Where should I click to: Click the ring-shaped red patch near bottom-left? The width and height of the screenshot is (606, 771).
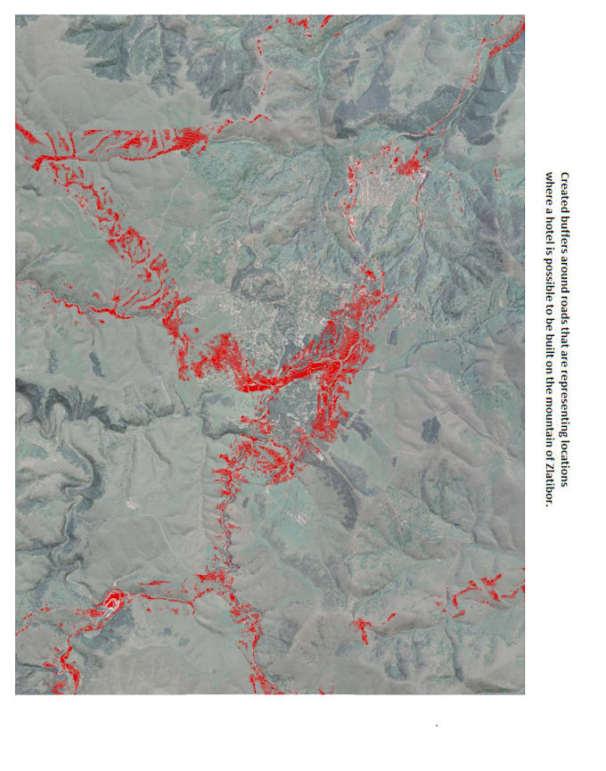[113, 602]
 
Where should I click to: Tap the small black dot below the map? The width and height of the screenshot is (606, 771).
[436, 726]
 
